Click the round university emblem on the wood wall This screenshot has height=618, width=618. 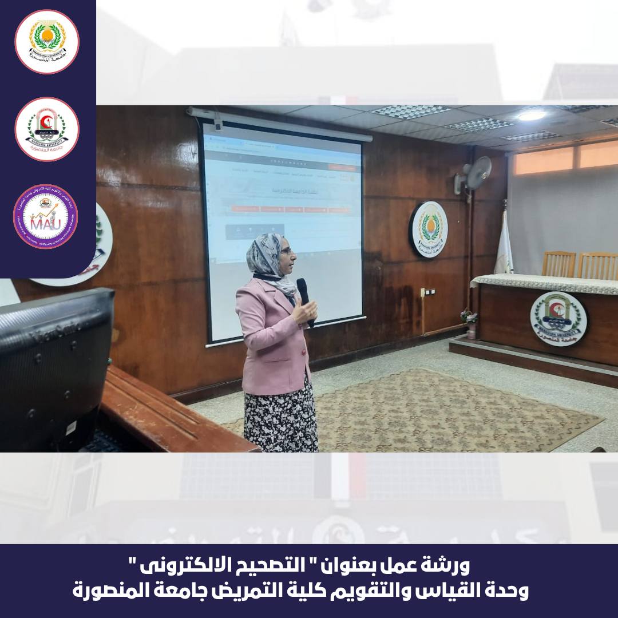(x=428, y=229)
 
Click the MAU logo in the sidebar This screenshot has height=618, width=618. (x=45, y=216)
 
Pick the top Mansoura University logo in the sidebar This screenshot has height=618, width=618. (x=46, y=42)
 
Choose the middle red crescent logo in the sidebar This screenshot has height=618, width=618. (x=46, y=129)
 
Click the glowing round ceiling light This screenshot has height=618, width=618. (x=531, y=116)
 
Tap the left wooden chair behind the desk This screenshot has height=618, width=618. (x=558, y=264)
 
